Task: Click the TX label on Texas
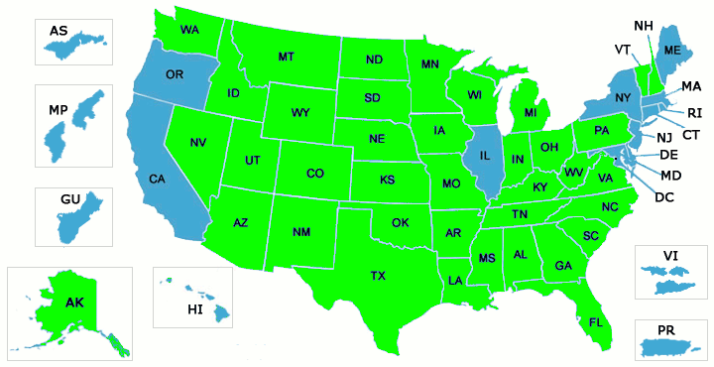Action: tap(378, 275)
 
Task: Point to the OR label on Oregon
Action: tap(175, 74)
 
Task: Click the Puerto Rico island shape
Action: tap(669, 347)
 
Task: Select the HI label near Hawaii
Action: tap(194, 309)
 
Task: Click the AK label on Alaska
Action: tap(74, 302)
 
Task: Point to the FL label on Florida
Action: tap(596, 322)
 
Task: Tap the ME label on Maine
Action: tap(672, 50)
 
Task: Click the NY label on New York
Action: tap(623, 97)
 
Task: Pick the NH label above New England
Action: tap(645, 24)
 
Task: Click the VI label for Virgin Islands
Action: tap(670, 256)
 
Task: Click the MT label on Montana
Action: tap(286, 57)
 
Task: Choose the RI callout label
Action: tap(695, 112)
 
